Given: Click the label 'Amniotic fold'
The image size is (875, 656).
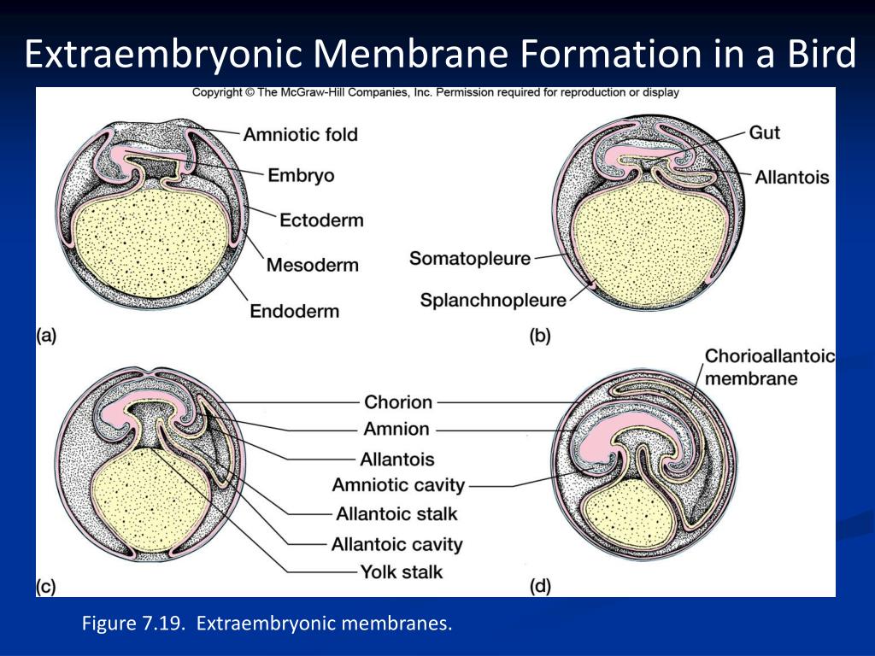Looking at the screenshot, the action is (x=300, y=134).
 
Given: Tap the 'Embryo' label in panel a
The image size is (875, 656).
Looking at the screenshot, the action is (x=301, y=175).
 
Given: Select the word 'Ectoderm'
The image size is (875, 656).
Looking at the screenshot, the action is (x=321, y=220).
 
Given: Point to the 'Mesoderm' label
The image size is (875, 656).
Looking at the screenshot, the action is (x=312, y=264).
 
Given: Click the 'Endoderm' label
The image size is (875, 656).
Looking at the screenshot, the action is (x=294, y=310).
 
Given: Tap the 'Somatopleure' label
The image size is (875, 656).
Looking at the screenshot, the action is (x=470, y=258).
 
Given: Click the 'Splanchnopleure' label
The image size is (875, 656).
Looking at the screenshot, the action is (x=493, y=300).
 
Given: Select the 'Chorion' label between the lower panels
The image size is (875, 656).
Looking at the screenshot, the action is (x=398, y=401).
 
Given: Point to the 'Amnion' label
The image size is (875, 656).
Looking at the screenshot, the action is (x=396, y=429).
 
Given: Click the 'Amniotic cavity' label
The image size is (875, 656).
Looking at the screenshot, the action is (x=398, y=485).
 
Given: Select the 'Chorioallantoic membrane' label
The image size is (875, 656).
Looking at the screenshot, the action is (x=768, y=367).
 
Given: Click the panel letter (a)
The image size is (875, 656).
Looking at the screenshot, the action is (x=46, y=336).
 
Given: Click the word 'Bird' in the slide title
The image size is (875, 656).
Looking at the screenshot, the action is (x=821, y=55).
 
